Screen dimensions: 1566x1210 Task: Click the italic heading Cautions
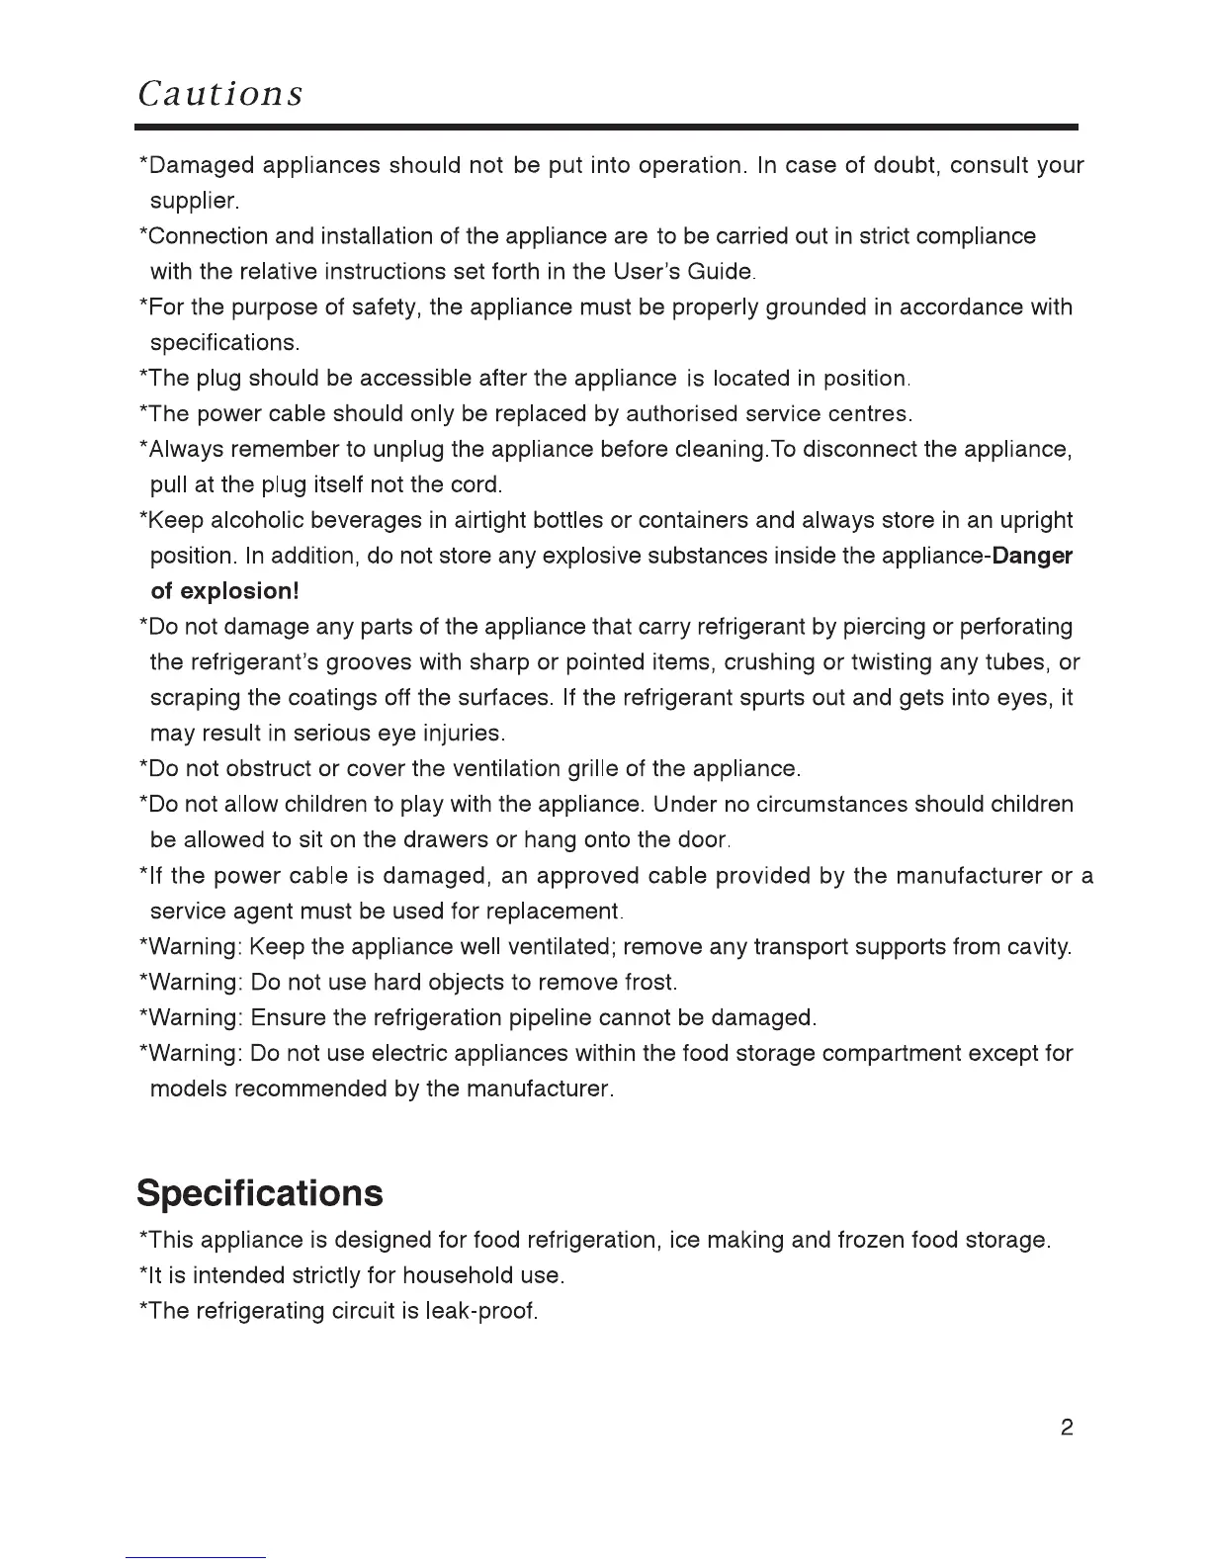click(220, 93)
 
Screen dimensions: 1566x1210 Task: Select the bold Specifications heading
click(259, 1193)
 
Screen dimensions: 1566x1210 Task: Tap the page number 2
click(1067, 1428)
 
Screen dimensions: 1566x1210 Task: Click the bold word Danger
click(1032, 556)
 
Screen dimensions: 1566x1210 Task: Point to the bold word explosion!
click(237, 591)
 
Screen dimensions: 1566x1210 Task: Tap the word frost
click(649, 983)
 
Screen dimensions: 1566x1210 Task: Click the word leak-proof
click(478, 1312)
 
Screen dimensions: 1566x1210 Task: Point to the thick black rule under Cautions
click(606, 128)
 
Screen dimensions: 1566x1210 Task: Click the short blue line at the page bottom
click(196, 1558)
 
